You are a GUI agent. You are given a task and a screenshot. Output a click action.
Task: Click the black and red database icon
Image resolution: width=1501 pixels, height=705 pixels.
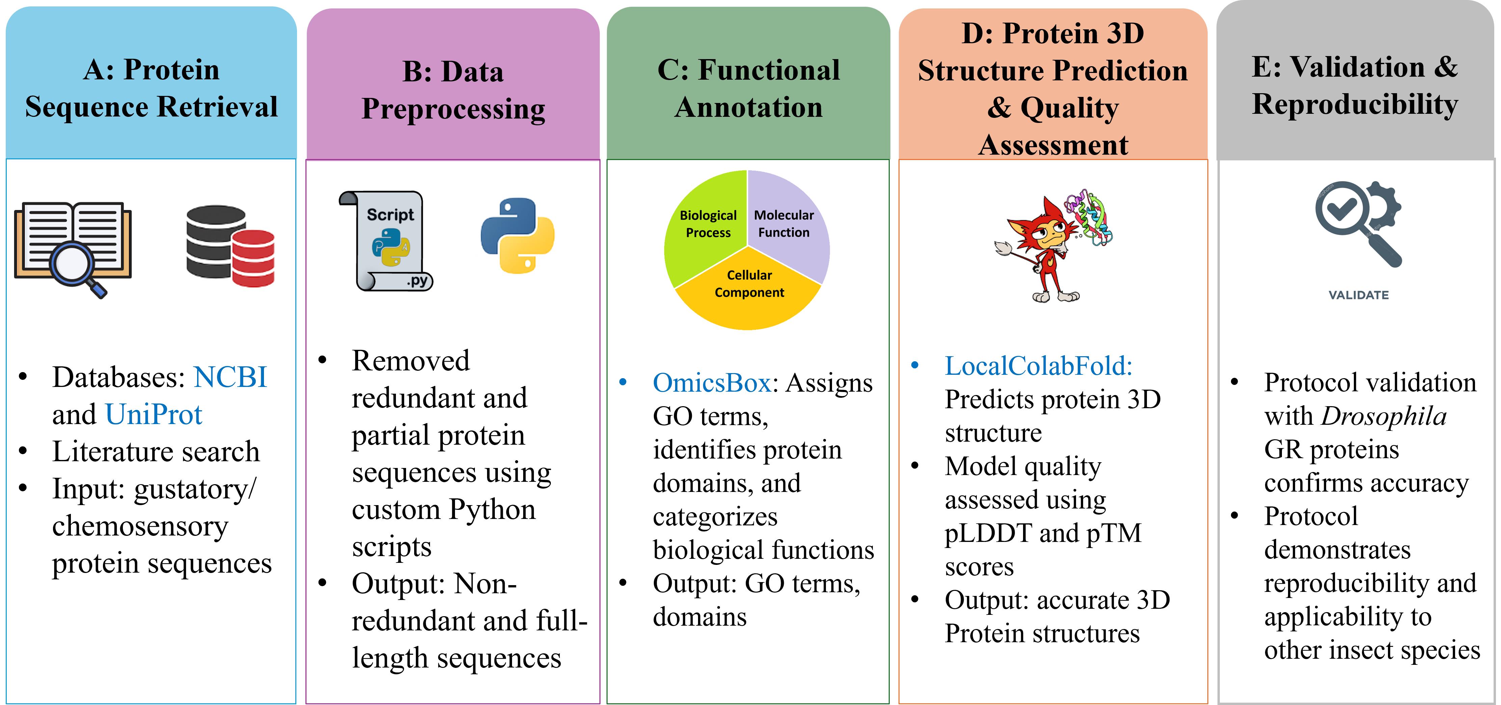230,245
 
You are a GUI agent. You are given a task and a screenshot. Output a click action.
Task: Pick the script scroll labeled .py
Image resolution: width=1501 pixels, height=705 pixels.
386,241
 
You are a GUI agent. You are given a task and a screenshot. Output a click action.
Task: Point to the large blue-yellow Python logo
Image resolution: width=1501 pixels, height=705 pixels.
517,235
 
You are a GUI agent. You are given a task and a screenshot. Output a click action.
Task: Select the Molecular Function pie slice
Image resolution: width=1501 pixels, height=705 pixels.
787,224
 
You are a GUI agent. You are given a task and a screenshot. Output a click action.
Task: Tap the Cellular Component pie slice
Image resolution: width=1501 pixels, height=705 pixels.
749,291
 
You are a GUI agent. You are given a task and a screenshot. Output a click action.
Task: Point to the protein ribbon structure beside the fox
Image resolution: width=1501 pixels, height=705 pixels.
1087,217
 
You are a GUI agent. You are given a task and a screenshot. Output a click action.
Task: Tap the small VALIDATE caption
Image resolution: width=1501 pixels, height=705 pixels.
1358,295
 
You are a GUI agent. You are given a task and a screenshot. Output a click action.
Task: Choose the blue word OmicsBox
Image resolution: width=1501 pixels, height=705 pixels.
712,383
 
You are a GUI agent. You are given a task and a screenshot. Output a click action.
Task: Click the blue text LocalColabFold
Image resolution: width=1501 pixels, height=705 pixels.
1038,366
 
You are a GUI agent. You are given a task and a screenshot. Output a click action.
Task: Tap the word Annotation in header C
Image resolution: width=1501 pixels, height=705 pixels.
748,107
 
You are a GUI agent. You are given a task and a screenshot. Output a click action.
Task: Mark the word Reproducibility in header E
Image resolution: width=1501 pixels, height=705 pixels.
1355,105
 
